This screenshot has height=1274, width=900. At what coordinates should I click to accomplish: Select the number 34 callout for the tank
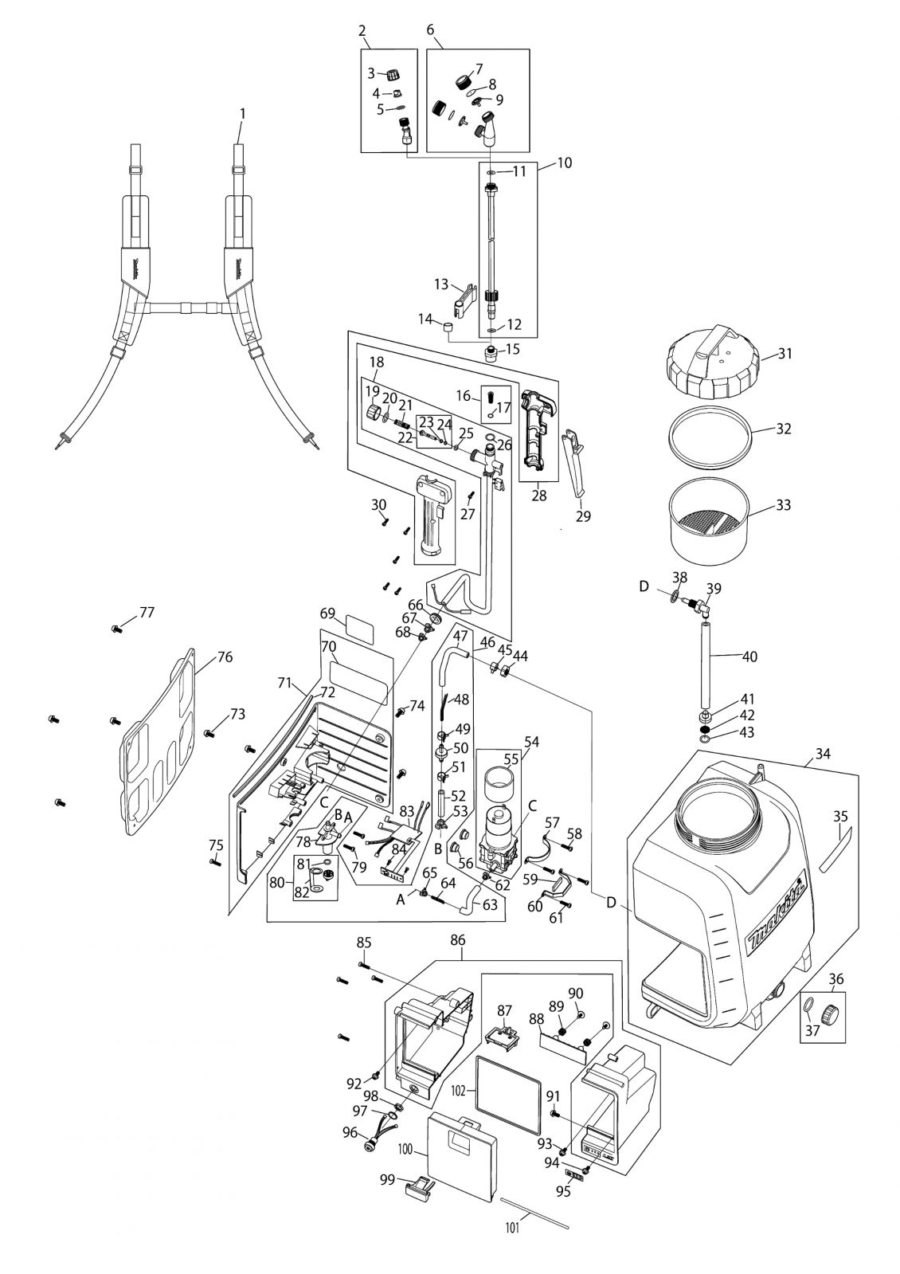pyautogui.click(x=823, y=754)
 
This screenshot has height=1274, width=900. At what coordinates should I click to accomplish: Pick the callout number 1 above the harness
pyautogui.click(x=243, y=114)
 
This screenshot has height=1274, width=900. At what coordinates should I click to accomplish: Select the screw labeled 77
pyautogui.click(x=116, y=629)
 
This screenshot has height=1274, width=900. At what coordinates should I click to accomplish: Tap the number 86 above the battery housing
pyautogui.click(x=458, y=941)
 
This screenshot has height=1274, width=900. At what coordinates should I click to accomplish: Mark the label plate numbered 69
pyautogui.click(x=358, y=629)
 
